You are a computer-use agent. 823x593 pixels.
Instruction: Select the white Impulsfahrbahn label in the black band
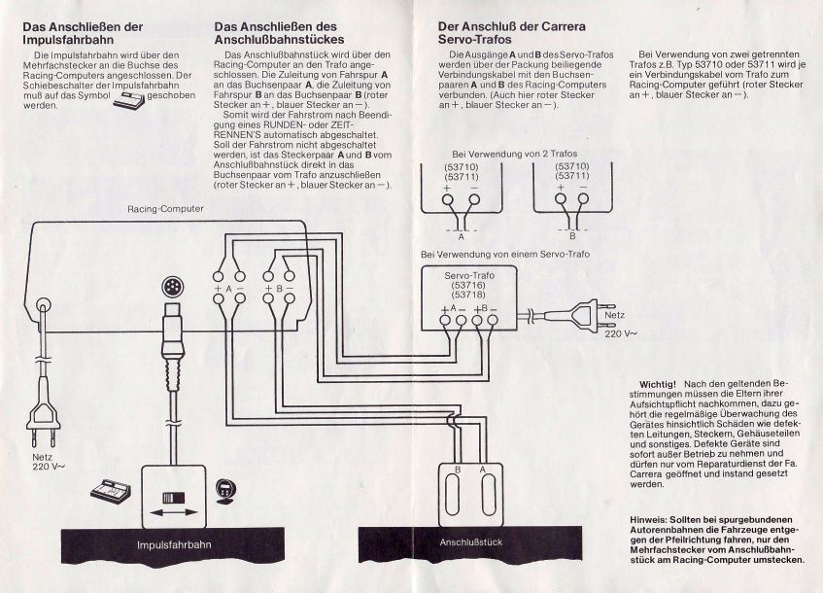172,543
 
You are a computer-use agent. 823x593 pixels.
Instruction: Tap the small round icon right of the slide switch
226,490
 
